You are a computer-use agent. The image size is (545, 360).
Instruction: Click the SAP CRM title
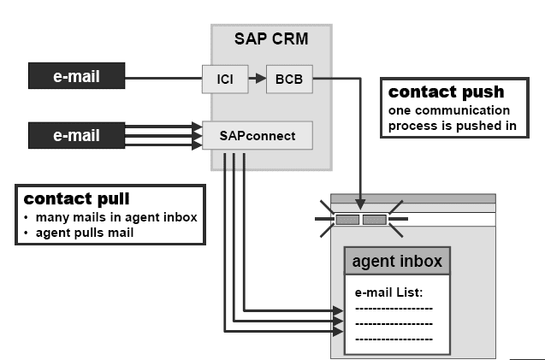[x=271, y=39]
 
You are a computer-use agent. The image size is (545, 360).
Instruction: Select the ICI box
[x=218, y=80]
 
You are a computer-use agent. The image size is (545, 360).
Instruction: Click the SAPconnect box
[x=257, y=135]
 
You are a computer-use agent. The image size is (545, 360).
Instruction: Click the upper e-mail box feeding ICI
[x=78, y=77]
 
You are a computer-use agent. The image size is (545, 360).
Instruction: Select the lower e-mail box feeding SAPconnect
[x=78, y=135]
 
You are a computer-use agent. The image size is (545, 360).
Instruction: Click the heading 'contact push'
[x=446, y=92]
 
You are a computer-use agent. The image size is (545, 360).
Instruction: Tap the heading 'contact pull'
[x=76, y=199]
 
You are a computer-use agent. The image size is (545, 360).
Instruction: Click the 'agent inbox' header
[x=397, y=261]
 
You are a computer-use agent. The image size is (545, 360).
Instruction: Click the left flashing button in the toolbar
[x=347, y=220]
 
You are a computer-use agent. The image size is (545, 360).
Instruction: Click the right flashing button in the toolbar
[x=375, y=220]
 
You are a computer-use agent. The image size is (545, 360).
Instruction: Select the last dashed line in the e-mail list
[x=394, y=339]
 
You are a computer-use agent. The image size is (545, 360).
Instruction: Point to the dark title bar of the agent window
[x=413, y=198]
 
